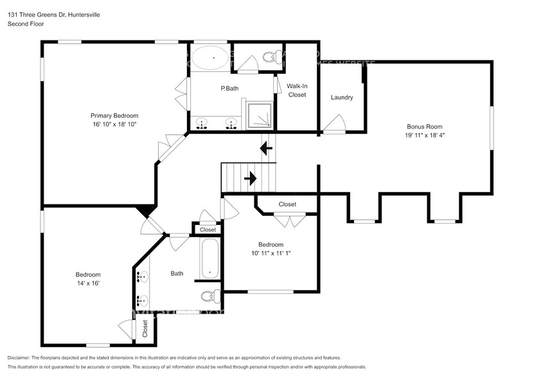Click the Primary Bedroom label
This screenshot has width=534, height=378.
tap(114, 116)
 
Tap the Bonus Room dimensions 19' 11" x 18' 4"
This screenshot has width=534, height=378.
tap(425, 136)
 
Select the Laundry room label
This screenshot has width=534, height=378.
tap(342, 98)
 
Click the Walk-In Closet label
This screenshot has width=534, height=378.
tap(296, 90)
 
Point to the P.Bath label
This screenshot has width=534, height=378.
tap(230, 88)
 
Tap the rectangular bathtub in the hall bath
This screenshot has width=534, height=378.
tap(209, 259)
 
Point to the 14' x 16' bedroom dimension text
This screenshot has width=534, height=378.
tap(88, 283)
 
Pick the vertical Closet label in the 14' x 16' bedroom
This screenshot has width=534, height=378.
tap(145, 328)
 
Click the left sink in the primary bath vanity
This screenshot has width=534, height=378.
tap(202, 123)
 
